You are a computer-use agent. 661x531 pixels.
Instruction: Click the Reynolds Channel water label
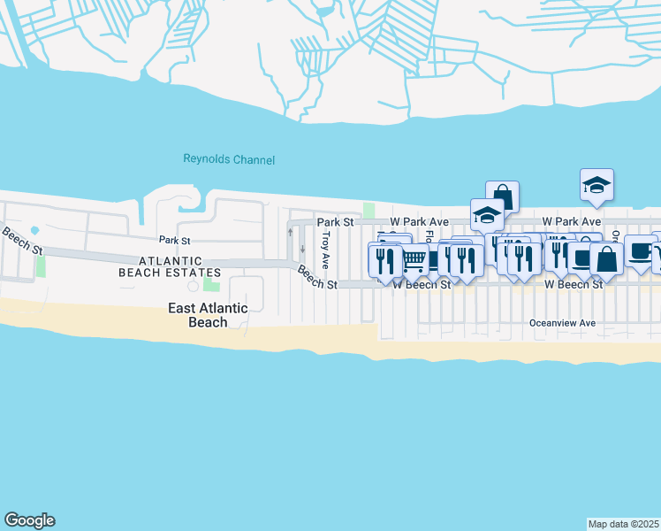click(x=229, y=160)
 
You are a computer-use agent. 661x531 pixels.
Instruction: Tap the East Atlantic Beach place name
click(x=209, y=315)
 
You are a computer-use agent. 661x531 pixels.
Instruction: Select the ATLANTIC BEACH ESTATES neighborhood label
click(x=170, y=266)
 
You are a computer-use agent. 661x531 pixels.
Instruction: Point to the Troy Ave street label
click(x=325, y=250)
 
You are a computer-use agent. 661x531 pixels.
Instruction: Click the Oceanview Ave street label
click(x=563, y=324)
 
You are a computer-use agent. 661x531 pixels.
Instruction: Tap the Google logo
click(x=29, y=520)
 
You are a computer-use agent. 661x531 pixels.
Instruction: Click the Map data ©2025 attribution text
click(x=624, y=524)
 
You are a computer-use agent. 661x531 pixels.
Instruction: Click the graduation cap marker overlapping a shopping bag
click(x=486, y=215)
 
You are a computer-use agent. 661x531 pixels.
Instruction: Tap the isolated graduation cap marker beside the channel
click(x=596, y=184)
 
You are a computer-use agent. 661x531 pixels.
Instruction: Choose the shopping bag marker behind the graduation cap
click(x=503, y=195)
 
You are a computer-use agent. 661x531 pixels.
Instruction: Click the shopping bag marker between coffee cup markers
click(x=606, y=258)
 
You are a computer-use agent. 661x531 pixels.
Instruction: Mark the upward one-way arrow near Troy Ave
click(x=290, y=232)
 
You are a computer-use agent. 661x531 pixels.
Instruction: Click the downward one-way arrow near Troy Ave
click(x=302, y=248)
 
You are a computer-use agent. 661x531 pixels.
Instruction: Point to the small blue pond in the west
click(x=34, y=230)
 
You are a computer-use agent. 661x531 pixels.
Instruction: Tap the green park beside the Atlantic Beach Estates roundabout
click(x=211, y=282)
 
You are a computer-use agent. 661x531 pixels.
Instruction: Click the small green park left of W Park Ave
click(x=368, y=210)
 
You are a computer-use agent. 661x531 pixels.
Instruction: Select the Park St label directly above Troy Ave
click(x=335, y=221)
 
